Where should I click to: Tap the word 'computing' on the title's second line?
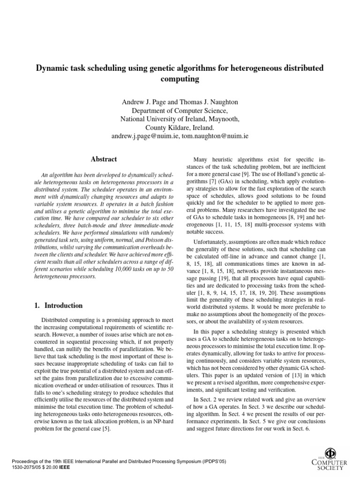[180, 79]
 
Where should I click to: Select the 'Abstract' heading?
[104, 159]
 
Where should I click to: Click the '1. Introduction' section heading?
[59, 306]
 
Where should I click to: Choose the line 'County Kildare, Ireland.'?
[180, 127]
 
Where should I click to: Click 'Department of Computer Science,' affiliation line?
[180, 111]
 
